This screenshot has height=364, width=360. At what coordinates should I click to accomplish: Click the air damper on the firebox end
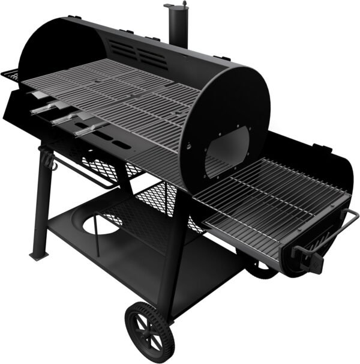pyautogui.click(x=310, y=255)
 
